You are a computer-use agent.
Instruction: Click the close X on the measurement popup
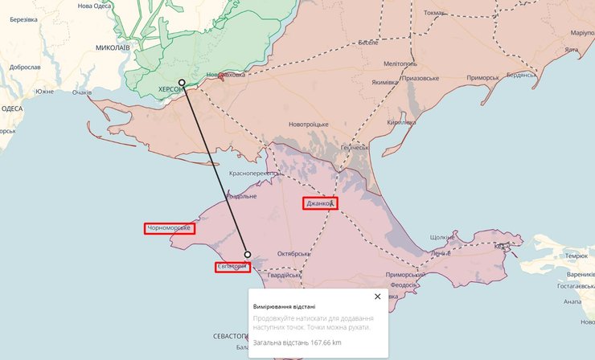[x=377, y=297]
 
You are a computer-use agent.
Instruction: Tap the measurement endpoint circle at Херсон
[x=182, y=83]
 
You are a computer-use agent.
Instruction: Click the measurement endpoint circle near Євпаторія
[x=248, y=255]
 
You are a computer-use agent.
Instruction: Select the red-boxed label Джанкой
[x=320, y=203]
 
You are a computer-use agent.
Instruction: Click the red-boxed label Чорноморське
[x=170, y=228]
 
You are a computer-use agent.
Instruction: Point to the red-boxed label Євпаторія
[x=232, y=267]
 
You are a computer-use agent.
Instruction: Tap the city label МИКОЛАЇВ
[x=112, y=47]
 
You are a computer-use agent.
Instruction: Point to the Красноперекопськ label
[x=254, y=173]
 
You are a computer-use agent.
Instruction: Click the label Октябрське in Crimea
[x=293, y=254]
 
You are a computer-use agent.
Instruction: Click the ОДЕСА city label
[x=12, y=108]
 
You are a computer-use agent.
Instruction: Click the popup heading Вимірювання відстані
[x=285, y=306]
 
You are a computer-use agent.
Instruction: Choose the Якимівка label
[x=384, y=82]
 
